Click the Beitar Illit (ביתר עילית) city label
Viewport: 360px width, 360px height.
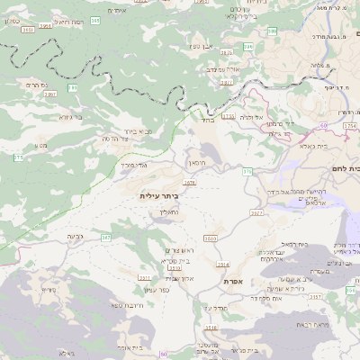pyautogui.click(x=158, y=195)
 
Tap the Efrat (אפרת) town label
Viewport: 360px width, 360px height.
pyautogui.click(x=234, y=282)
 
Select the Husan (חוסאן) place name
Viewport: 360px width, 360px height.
pyautogui.click(x=197, y=163)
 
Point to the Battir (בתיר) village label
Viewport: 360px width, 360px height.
pyautogui.click(x=206, y=118)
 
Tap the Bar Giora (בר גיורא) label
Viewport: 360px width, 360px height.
pyautogui.click(x=71, y=117)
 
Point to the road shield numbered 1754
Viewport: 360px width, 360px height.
pyautogui.click(x=229, y=116)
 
